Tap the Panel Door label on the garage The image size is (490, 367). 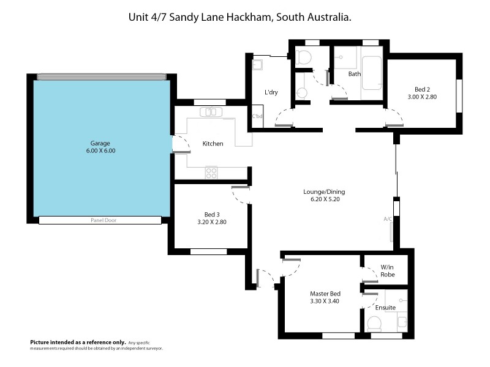point(102,220)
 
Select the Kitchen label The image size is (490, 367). point(213,144)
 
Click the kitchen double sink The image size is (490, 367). point(212,112)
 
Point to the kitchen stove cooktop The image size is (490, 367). point(211,172)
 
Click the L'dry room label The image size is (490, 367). point(271,92)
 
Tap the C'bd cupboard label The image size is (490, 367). point(257,116)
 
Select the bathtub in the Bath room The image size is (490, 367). point(372,73)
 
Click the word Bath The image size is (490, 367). point(355,74)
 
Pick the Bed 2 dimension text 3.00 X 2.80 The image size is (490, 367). point(422,97)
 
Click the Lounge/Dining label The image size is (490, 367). point(324,192)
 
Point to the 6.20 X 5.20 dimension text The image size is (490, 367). point(324,200)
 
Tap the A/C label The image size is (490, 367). point(387,219)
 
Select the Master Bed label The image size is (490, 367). point(325,294)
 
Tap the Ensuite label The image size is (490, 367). point(385,308)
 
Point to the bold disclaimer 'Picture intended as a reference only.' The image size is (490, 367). point(78,342)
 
